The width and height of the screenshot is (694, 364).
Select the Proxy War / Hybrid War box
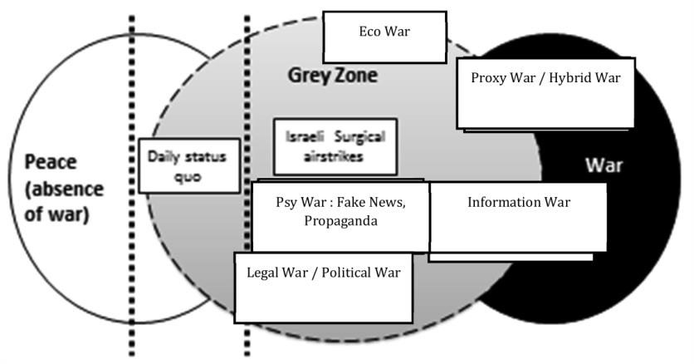tap(545, 93)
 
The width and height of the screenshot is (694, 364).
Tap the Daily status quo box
tap(188, 165)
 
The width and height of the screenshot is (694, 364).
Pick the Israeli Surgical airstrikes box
tap(330, 146)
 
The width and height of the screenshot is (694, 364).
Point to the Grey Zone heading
tap(332, 76)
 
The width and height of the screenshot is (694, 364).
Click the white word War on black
tap(604, 165)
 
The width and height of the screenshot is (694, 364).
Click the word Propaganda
tap(340, 221)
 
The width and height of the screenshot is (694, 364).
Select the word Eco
tap(370, 32)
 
